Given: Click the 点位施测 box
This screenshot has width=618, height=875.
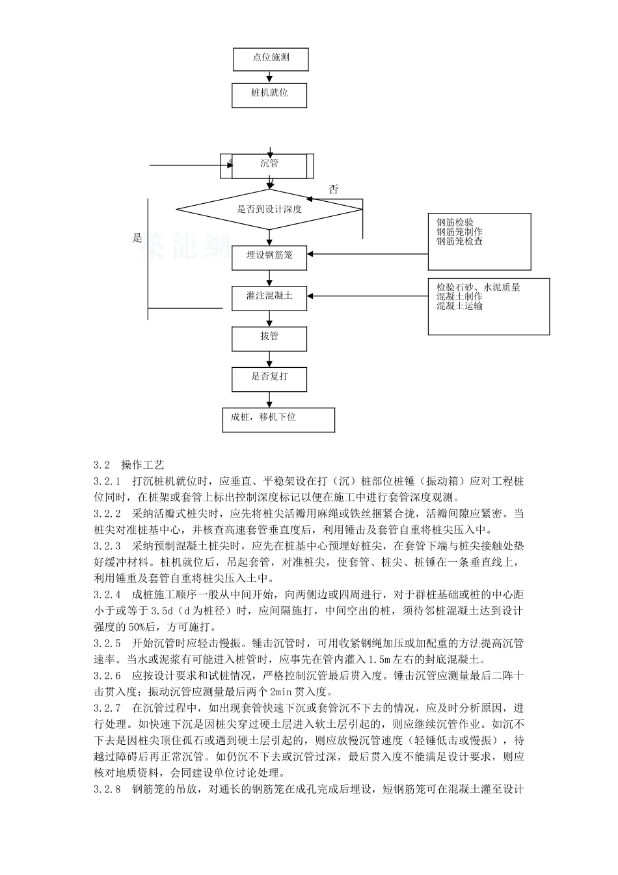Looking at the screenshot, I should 270,58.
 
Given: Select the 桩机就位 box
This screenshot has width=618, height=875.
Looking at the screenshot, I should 269,94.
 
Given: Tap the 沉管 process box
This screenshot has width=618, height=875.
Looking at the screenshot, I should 269,165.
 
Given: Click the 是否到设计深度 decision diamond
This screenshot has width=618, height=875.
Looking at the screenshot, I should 269,210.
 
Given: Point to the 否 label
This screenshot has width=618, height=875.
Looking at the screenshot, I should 334,189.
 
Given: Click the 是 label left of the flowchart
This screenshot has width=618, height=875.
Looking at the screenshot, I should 137,238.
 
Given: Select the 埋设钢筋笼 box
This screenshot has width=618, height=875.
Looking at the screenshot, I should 269,255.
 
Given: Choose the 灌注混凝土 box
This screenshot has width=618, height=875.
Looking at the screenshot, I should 269,296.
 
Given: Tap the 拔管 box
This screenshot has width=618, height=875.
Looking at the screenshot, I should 269,337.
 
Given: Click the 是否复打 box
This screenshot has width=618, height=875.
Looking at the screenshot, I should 269,378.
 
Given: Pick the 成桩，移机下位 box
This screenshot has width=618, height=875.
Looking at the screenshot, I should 278,419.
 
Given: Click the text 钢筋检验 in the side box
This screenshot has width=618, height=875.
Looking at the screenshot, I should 455,223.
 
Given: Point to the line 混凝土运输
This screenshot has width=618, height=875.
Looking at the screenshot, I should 459,306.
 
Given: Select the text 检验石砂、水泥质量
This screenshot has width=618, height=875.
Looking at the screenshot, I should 478,287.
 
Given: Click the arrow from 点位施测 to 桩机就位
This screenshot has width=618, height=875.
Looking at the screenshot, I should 270,77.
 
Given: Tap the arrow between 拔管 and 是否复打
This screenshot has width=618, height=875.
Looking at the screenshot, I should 269,358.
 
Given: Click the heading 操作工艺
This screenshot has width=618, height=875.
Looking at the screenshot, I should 142,465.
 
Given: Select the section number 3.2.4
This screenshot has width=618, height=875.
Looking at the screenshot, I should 107,594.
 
